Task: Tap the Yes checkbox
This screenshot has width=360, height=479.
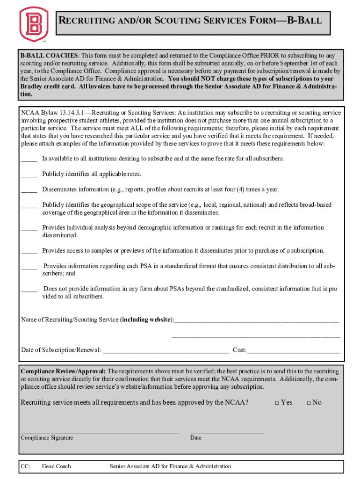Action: pyautogui.click(x=277, y=403)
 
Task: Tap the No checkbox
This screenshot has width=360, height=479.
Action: pyautogui.click(x=309, y=403)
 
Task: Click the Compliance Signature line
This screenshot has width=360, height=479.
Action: pyautogui.click(x=100, y=433)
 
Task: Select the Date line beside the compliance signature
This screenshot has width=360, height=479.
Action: pyautogui.click(x=227, y=433)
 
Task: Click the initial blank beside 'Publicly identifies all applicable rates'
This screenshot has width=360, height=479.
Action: pyautogui.click(x=29, y=175)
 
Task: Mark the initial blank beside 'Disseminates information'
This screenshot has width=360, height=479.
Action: pyautogui.click(x=29, y=190)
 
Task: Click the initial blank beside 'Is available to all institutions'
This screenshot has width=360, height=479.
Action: pyautogui.click(x=29, y=160)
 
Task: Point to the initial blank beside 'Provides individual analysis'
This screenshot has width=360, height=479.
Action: pyautogui.click(x=29, y=229)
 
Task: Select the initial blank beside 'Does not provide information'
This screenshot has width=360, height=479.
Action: pyautogui.click(x=29, y=290)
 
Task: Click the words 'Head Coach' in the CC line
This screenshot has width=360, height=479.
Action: pyautogui.click(x=56, y=466)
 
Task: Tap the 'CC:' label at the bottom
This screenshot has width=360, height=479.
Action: pyautogui.click(x=25, y=466)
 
